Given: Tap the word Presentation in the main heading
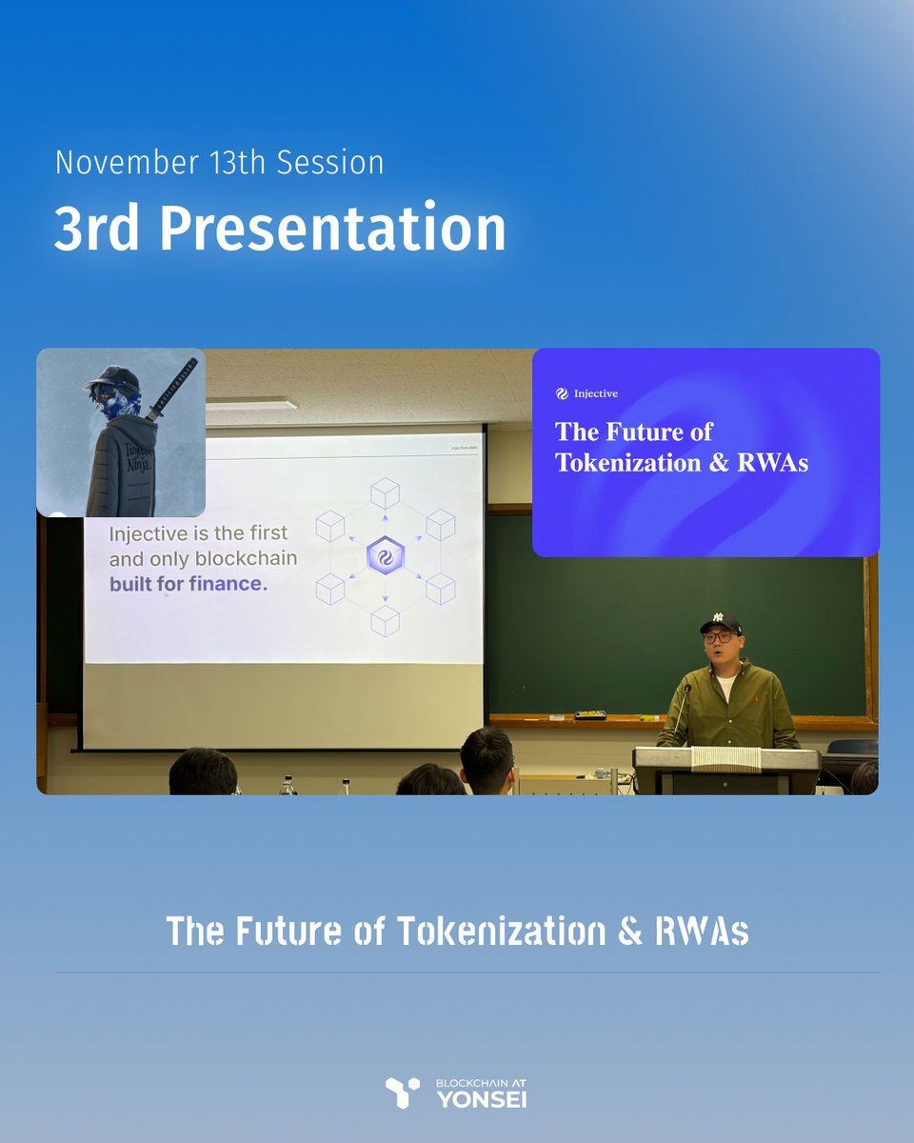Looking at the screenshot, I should click(x=332, y=229).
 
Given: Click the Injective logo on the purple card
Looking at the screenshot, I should click(x=563, y=393).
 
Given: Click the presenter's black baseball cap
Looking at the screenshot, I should click(x=721, y=623).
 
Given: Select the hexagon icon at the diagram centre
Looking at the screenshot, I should click(x=386, y=557).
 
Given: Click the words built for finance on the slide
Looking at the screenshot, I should click(x=189, y=584).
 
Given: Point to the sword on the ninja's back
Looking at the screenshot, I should click(x=171, y=391).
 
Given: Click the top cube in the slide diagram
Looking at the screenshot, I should click(x=385, y=493).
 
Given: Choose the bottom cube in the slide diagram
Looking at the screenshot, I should click(x=385, y=621).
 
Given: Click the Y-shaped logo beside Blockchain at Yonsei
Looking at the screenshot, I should click(x=402, y=1093).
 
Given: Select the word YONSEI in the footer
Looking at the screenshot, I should click(x=481, y=1099).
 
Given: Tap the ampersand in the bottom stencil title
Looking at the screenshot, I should click(x=628, y=931).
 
